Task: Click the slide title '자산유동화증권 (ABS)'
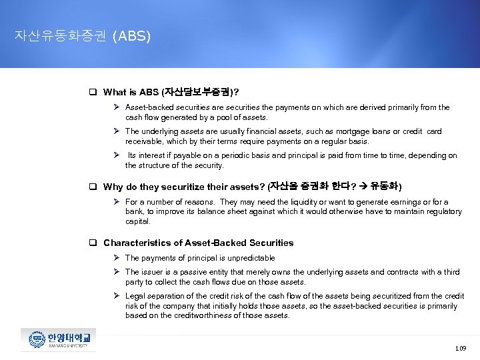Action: [x=83, y=36]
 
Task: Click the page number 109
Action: [x=460, y=348]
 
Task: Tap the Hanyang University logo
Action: [x=58, y=339]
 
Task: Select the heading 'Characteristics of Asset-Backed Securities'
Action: [x=198, y=243]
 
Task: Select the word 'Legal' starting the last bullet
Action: [x=135, y=296]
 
